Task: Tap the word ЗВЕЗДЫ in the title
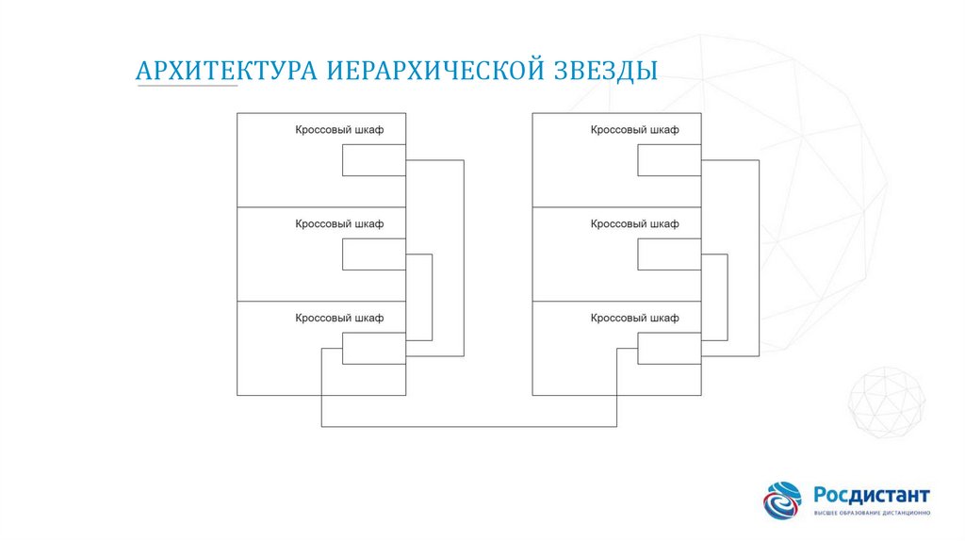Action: [x=605, y=71]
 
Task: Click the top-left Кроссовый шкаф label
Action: [x=339, y=130]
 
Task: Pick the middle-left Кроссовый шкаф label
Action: [x=339, y=224]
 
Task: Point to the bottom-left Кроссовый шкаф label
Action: [x=339, y=319]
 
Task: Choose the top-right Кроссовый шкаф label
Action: [x=634, y=130]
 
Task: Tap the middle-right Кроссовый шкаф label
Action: [x=634, y=224]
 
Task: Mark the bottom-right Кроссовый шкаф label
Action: [x=634, y=319]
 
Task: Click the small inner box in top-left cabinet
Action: [x=374, y=160]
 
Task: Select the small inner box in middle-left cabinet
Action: [x=374, y=254]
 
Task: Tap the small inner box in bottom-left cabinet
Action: [x=374, y=349]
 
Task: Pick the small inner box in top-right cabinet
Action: [x=669, y=160]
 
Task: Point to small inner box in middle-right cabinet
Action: [x=669, y=254]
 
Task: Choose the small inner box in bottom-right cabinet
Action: [x=669, y=349]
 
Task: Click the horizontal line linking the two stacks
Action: [x=469, y=427]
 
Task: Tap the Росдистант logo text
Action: [x=872, y=495]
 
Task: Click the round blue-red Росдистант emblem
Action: [x=782, y=500]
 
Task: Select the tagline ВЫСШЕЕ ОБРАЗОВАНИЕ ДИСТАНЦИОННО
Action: [x=872, y=513]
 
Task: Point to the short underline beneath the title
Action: [x=187, y=87]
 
